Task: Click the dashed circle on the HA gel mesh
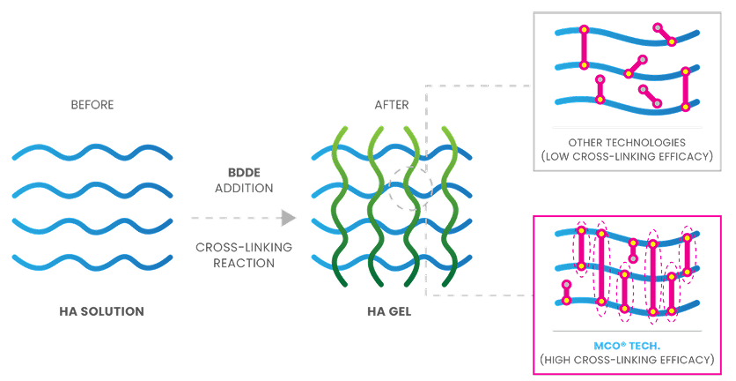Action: point(408,187)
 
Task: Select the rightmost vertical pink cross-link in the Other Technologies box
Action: point(686,88)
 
